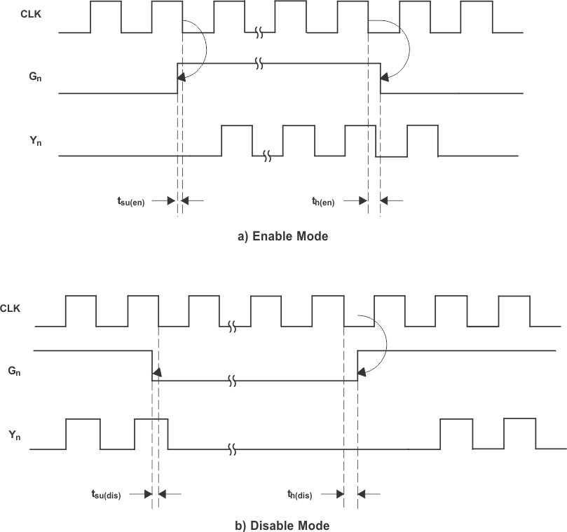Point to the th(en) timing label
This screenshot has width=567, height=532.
323,202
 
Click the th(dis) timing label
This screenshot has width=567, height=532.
301,495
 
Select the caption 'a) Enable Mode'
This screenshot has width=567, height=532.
282,236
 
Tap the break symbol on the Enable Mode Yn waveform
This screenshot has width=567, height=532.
267,156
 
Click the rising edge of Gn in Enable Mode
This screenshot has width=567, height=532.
177,77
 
